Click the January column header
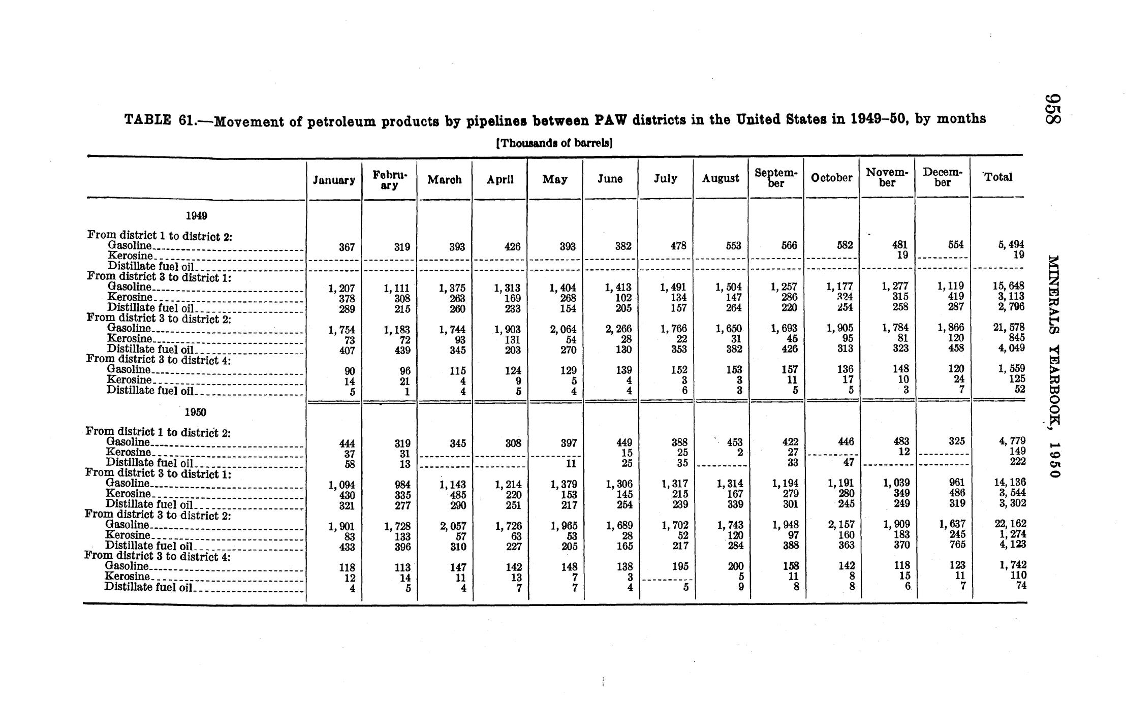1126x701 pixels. (x=334, y=180)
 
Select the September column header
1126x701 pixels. (x=776, y=178)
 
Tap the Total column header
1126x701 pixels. (x=998, y=177)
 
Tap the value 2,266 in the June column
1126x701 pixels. (x=618, y=329)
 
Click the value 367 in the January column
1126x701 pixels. (x=347, y=247)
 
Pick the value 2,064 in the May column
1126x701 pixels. (x=562, y=329)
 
